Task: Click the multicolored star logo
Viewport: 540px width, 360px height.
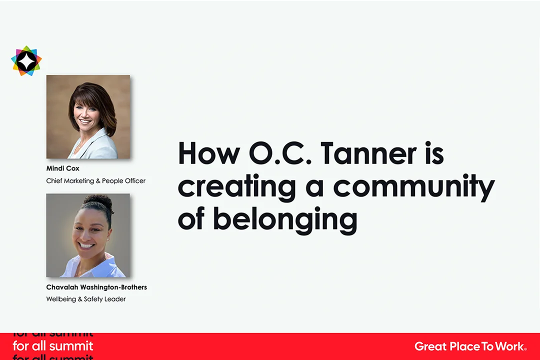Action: coord(26,61)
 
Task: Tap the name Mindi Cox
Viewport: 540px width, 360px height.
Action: coord(62,168)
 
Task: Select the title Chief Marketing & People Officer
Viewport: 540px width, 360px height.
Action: coord(95,181)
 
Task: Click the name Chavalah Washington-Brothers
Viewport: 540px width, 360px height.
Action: coord(96,287)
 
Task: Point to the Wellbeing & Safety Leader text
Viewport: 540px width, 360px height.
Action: coord(86,299)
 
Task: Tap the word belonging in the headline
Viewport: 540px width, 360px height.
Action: coord(285,220)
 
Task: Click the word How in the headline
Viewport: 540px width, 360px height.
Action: coord(209,153)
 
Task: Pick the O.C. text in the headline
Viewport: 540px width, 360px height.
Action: coord(280,153)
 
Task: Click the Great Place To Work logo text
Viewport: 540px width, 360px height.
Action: coord(470,346)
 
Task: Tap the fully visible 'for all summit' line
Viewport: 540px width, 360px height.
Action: coord(53,346)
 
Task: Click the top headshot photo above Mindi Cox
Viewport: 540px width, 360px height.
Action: coord(88,117)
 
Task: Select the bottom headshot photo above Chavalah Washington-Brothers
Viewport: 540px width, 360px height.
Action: coord(88,235)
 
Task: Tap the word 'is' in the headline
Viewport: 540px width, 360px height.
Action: coord(434,153)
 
